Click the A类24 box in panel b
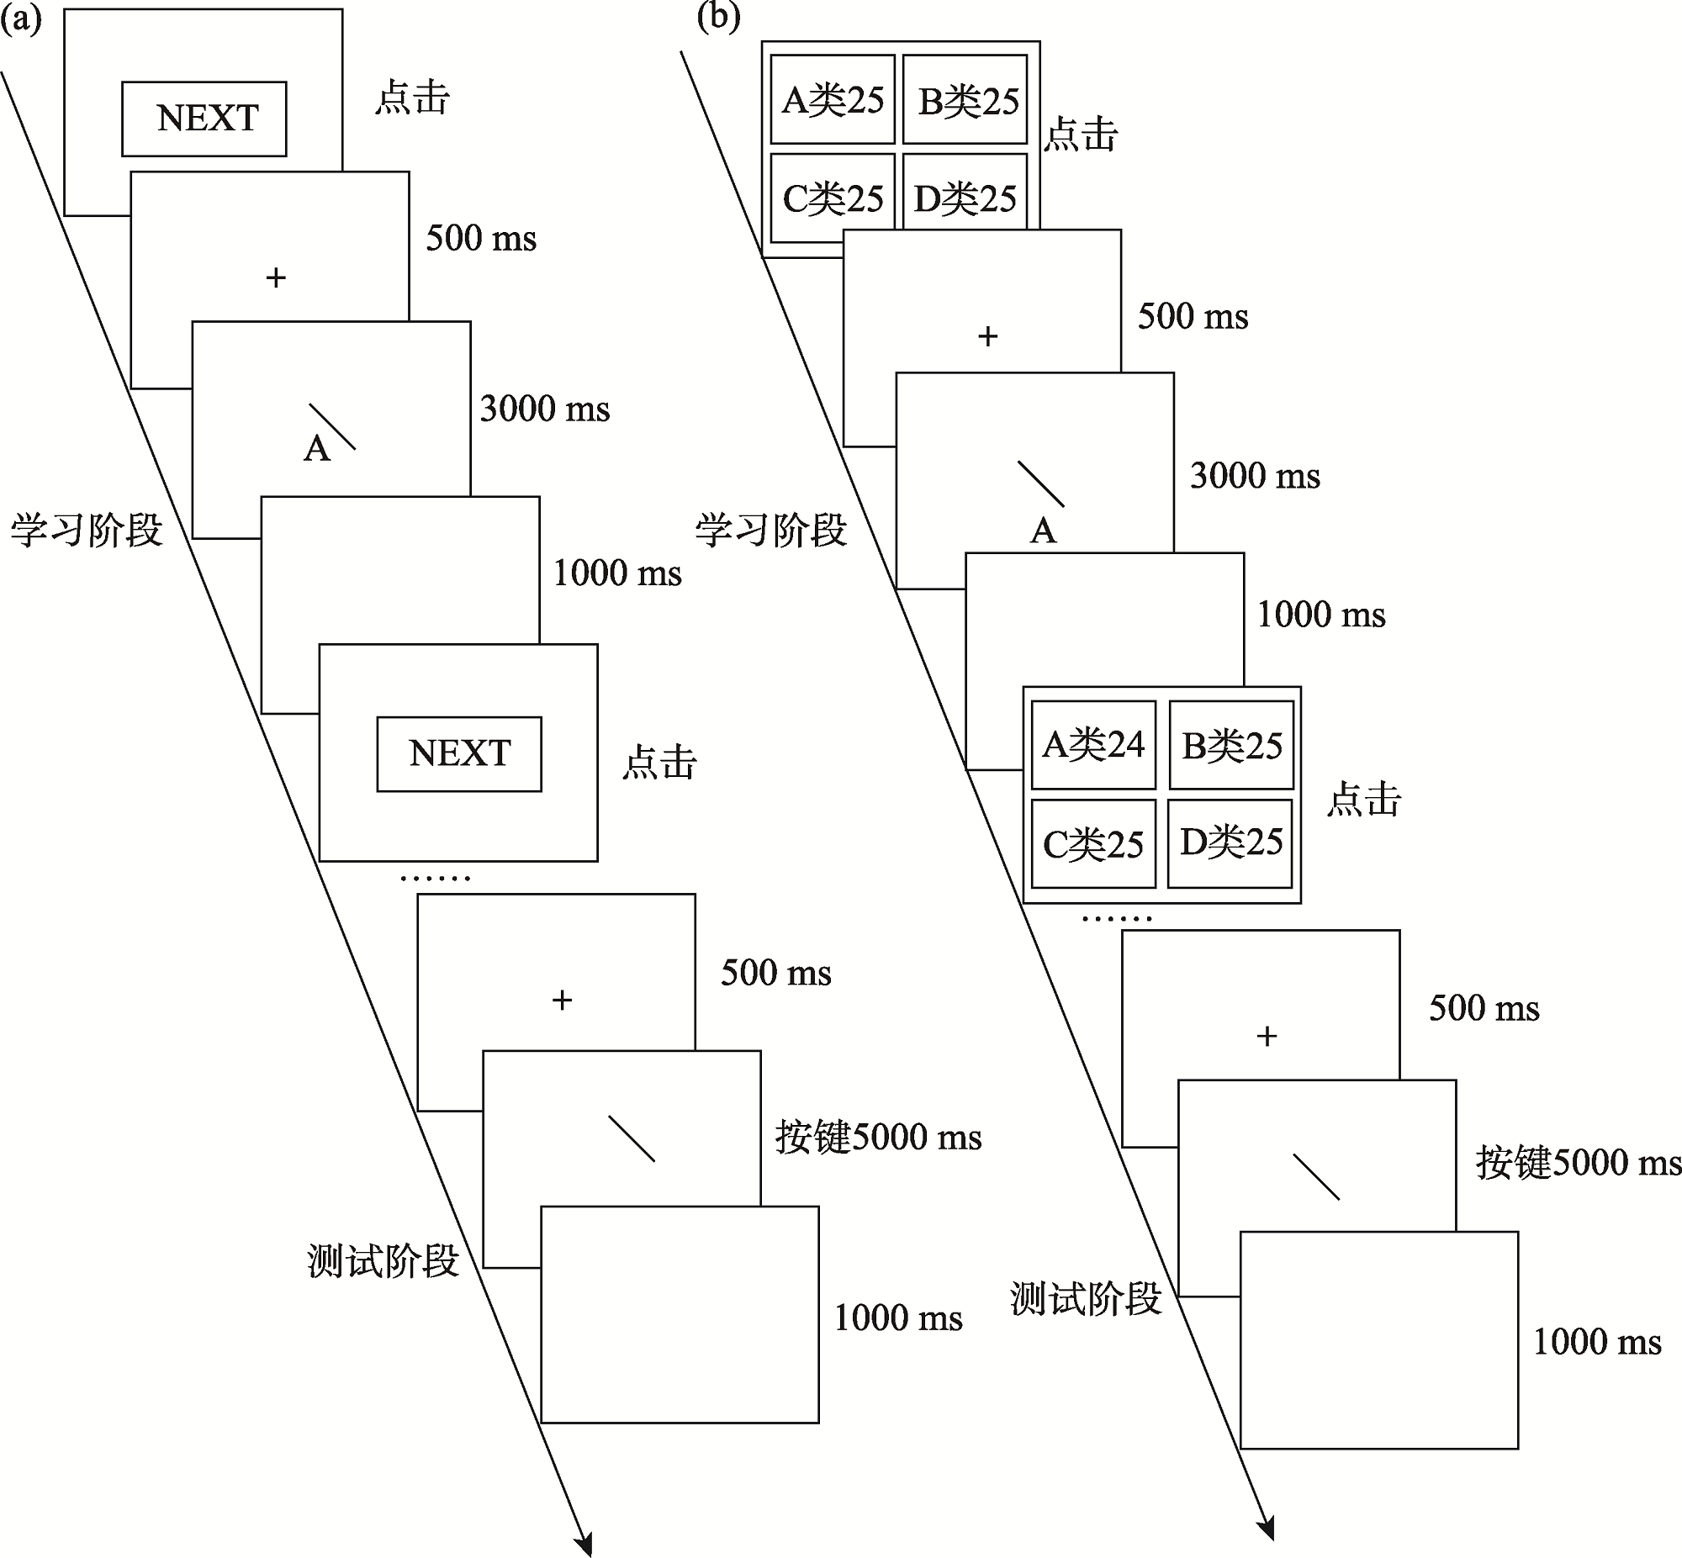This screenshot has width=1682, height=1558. tap(1092, 745)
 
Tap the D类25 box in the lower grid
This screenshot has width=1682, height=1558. tap(1230, 843)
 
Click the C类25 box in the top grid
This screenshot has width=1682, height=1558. tap(832, 198)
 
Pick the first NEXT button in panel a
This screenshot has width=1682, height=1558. tap(204, 119)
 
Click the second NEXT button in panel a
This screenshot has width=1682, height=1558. tap(458, 753)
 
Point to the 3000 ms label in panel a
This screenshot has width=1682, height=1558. tap(545, 409)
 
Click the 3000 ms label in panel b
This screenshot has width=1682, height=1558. tap(1255, 477)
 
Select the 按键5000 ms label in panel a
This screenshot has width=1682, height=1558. tap(879, 1138)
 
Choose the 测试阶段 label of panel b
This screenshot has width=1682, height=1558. tap(1086, 1299)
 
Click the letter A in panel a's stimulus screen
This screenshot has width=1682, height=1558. tap(316, 449)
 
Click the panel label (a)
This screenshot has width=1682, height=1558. tap(20, 18)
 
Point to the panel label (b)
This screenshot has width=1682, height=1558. tap(718, 17)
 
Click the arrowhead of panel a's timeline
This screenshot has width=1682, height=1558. tap(584, 1543)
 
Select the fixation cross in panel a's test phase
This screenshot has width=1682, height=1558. tap(562, 1000)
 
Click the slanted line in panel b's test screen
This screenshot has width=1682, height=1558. tap(1316, 1176)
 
